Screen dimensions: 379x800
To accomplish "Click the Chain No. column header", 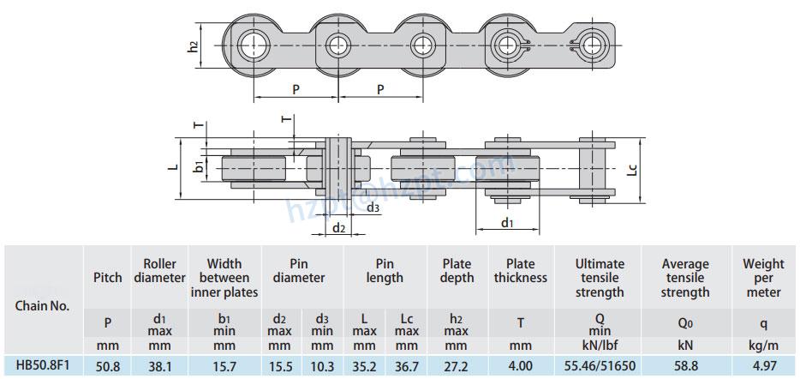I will (42, 305).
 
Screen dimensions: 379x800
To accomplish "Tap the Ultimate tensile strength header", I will (600, 278).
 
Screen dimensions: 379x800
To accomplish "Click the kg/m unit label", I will (763, 345).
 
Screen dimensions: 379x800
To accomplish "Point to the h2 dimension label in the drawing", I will (194, 47).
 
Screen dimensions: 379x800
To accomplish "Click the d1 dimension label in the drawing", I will (507, 223).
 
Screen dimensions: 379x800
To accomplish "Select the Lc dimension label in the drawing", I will (632, 169).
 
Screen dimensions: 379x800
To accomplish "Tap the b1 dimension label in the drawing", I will (199, 165).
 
